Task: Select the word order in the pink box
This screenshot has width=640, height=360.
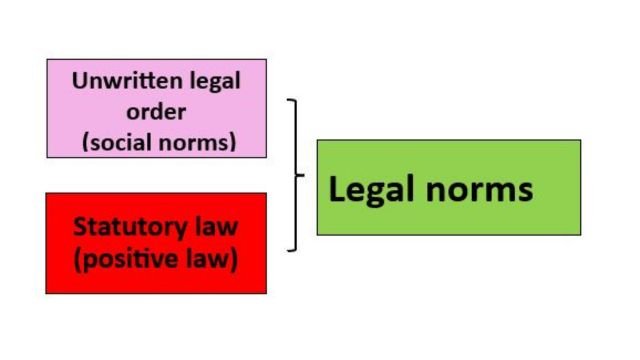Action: pos(156,111)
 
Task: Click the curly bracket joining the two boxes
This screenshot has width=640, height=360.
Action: pos(296,175)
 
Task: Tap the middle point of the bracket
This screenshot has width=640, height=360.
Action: pos(301,175)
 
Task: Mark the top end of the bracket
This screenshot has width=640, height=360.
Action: pos(288,100)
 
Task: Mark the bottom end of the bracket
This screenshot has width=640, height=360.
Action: pos(288,250)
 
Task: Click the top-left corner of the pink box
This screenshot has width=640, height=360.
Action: pos(46,59)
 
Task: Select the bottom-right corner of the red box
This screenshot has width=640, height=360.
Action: pos(266,293)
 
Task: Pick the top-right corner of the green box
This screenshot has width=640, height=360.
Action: pos(580,140)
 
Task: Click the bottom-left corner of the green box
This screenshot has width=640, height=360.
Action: pos(317,235)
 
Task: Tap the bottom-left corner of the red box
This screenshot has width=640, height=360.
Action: pos(46,293)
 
